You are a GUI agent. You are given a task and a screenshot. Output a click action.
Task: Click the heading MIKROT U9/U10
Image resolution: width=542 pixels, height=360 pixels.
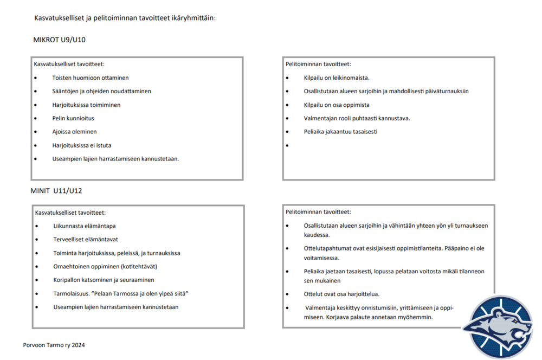point(59,40)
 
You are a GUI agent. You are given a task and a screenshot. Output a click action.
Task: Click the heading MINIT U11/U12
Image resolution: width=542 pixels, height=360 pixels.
point(56,191)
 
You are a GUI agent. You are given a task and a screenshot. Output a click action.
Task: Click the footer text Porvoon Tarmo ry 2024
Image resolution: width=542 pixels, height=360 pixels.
point(54,345)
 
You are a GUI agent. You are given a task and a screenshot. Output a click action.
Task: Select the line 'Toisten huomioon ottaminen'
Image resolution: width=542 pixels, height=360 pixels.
point(90,78)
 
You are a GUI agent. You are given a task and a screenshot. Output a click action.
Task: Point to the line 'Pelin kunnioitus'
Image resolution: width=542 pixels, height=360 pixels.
point(73,118)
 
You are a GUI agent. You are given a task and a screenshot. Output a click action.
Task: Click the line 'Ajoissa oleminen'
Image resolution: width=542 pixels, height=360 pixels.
point(74,132)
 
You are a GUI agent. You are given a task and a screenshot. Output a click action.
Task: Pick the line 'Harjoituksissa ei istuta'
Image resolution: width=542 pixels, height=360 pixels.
point(81,145)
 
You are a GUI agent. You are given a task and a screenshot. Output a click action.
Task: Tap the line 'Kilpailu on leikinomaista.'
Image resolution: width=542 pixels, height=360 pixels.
point(337,78)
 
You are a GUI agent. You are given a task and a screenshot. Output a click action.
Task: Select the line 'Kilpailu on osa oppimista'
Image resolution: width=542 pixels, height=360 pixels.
point(337,105)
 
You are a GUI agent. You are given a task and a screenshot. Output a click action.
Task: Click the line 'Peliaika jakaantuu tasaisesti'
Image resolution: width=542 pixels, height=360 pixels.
point(340,132)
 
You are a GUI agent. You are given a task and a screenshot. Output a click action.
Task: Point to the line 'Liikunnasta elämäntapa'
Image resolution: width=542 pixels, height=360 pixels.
point(84,226)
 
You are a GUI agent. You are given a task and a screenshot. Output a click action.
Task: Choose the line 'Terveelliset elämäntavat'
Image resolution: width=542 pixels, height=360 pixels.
point(86,240)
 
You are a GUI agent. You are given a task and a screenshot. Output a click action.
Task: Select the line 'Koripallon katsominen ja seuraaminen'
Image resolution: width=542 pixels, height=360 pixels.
point(104,280)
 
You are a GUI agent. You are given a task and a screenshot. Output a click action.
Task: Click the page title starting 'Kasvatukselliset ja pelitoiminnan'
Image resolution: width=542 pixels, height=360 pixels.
point(125,18)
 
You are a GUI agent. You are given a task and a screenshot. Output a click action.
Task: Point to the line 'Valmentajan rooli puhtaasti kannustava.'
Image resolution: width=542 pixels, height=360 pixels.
point(357,118)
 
